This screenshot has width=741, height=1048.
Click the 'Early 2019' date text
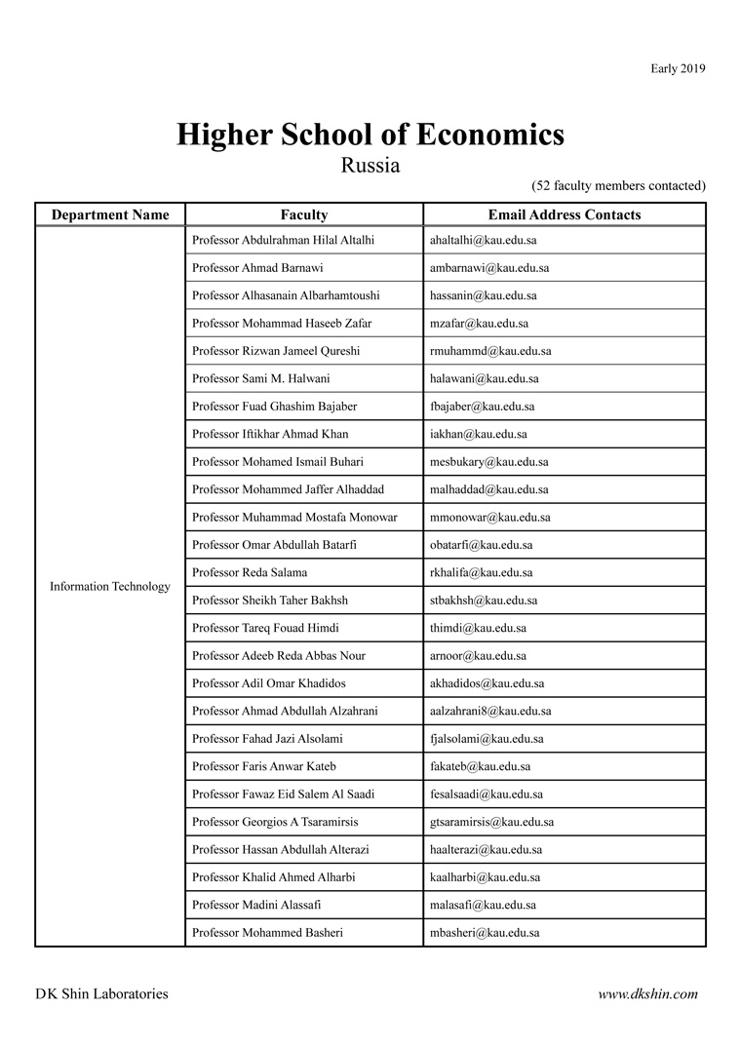(678, 68)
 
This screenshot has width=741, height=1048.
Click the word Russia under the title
(370, 165)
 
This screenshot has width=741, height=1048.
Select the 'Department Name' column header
(110, 215)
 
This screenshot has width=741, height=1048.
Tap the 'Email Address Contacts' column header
(565, 215)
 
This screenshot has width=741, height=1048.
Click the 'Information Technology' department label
(110, 587)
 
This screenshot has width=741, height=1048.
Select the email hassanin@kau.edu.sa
(483, 295)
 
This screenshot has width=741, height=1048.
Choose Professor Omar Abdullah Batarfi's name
(275, 545)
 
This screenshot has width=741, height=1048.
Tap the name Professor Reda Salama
(250, 572)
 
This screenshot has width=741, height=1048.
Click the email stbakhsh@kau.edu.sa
(483, 601)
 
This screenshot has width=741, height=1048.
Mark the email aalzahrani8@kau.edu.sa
(489, 712)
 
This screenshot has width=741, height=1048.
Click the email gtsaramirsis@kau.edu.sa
(491, 823)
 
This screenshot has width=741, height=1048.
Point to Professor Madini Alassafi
(256, 906)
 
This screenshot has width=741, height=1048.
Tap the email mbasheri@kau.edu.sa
(485, 933)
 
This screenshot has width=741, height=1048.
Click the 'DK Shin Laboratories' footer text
(101, 994)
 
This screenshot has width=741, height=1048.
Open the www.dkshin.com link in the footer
(647, 994)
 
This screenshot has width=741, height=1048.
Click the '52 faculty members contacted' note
(618, 185)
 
